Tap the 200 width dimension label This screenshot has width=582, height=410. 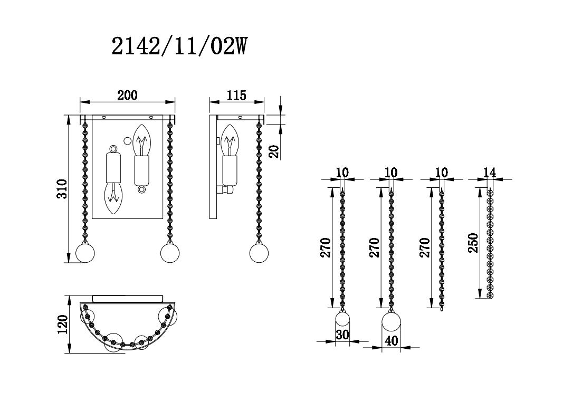tap(127, 95)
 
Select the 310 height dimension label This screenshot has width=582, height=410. tap(62, 189)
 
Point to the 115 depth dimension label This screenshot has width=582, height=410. tap(236, 95)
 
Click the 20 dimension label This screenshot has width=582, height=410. tap(273, 151)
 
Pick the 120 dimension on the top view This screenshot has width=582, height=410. tap(62, 325)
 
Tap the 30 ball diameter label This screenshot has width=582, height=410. tap(342, 335)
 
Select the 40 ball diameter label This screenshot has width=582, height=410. tap(391, 340)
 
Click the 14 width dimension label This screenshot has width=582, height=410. tap(490, 173)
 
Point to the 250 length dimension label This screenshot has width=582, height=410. tap(473, 242)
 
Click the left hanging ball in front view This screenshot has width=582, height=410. tap(84, 253)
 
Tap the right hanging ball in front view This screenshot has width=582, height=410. tap(169, 253)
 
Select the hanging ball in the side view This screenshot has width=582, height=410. tap(259, 253)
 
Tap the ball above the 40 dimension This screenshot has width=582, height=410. tap(391, 322)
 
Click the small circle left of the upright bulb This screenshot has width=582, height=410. tap(127, 140)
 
